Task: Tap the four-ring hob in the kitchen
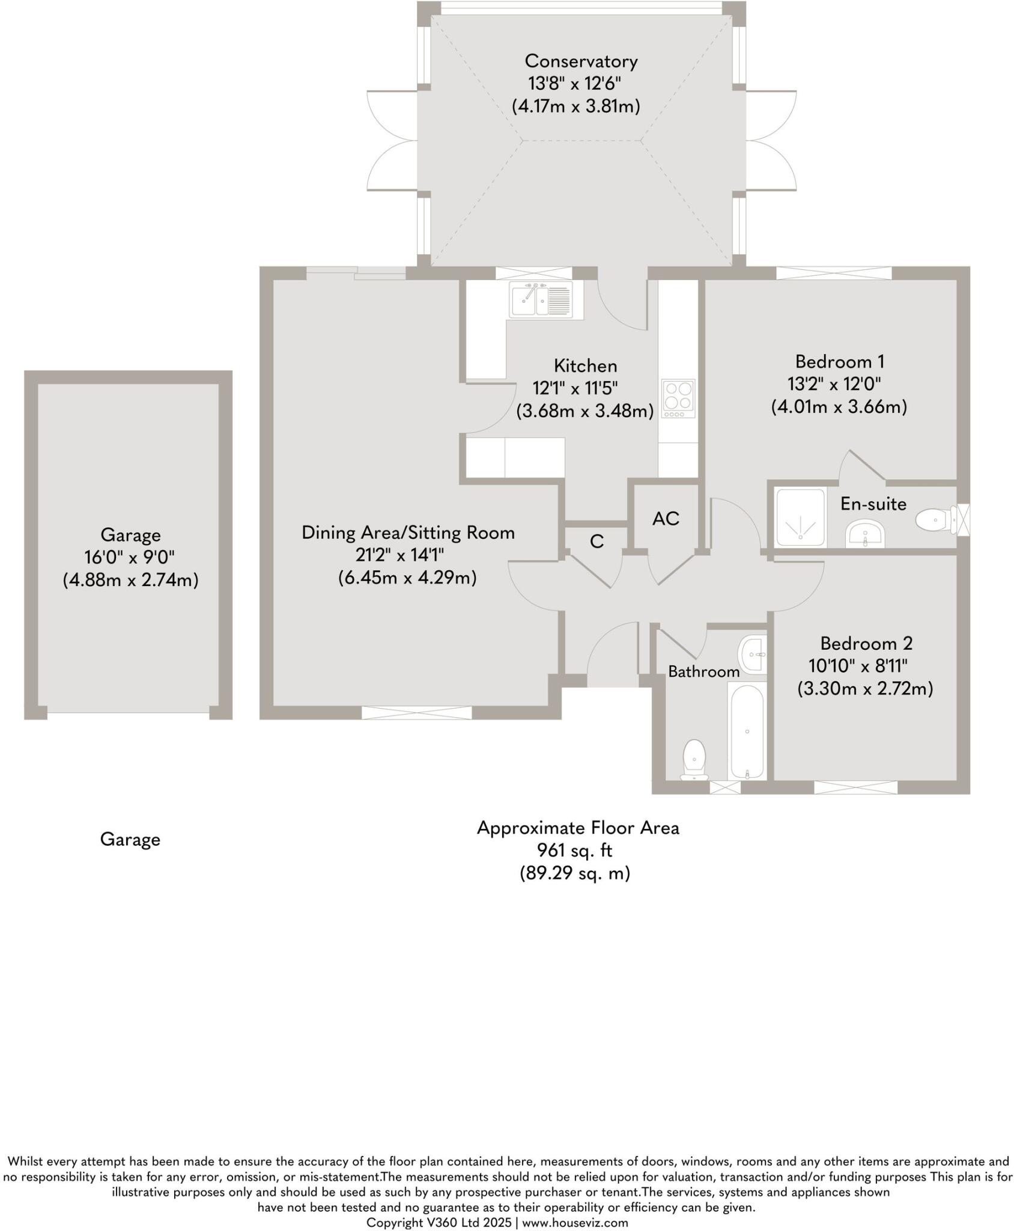pos(678,398)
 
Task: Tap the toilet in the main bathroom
pos(694,760)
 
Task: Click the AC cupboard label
pos(666,518)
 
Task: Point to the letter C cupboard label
pos(597,542)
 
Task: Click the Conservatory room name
pos(581,61)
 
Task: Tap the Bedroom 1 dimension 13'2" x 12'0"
pos(838,384)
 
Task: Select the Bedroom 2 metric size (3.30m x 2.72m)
pos(865,688)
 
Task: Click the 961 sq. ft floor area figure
pos(575,851)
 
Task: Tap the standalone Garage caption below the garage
pos(130,840)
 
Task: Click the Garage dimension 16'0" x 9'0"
pos(130,557)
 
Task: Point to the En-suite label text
pos(873,504)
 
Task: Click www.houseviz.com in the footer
pos(575,1222)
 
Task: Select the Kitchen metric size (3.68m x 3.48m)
pos(584,411)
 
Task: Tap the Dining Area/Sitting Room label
pos(408,533)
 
